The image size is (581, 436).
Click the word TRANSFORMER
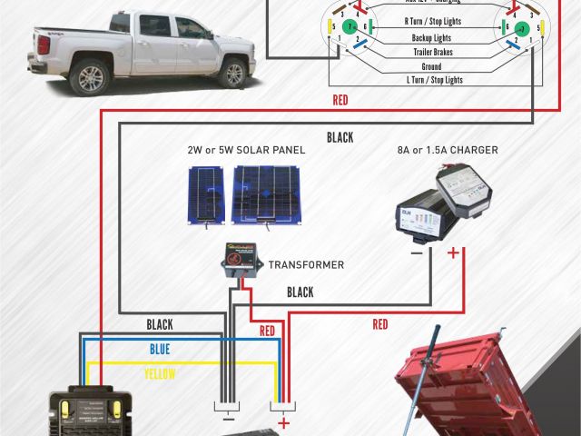point(306,265)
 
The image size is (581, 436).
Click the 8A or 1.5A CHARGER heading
point(448,150)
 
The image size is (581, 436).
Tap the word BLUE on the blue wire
point(160,349)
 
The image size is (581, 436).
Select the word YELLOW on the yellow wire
point(160,373)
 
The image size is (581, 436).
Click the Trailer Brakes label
point(432,52)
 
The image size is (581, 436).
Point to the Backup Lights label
point(432,38)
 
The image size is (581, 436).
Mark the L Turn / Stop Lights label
point(432,80)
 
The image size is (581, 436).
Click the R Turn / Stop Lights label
point(432,19)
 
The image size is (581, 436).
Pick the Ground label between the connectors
point(432,66)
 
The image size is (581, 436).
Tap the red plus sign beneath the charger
point(453,253)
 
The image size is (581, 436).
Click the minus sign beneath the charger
point(416,253)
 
